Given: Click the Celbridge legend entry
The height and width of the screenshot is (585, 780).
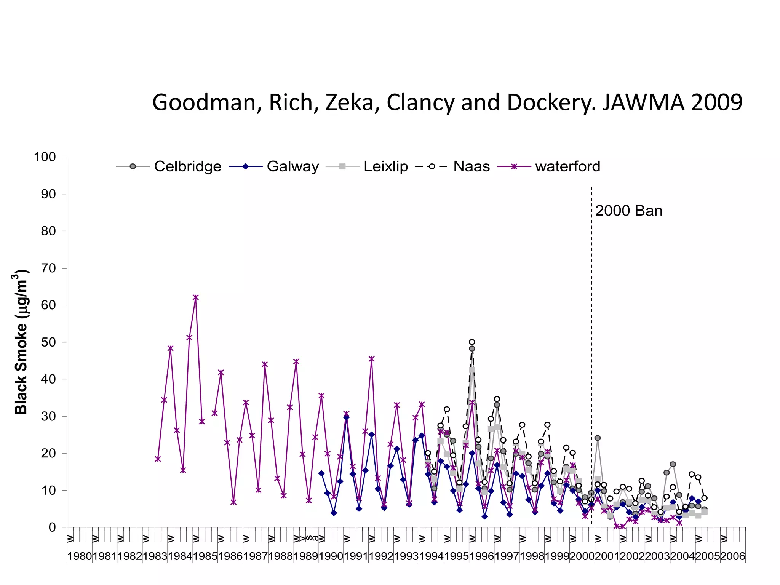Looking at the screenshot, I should point(169,166).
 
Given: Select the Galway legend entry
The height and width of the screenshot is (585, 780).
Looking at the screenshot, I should point(274,166).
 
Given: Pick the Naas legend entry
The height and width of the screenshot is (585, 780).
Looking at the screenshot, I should point(453,166).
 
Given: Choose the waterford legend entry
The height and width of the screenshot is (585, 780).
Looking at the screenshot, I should point(549,166).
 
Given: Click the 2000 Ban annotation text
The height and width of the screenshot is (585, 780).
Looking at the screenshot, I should point(628,211).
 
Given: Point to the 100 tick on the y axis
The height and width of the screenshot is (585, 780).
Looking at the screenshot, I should point(45,157).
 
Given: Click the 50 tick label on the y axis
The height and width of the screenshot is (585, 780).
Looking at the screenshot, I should point(48,342).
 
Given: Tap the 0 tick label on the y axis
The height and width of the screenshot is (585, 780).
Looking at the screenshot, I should point(52,527).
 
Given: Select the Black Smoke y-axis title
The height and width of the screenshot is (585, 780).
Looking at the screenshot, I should point(21,342).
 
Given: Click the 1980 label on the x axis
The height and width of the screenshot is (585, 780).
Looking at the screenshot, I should point(80,556).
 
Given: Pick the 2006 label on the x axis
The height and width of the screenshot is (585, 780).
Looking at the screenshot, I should point(732,556).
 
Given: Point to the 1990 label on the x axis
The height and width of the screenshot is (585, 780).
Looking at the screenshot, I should point(331,556).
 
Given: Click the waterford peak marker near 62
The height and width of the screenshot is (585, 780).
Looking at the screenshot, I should point(196,297).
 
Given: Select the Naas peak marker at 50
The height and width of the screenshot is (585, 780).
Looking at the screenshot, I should point(472,342).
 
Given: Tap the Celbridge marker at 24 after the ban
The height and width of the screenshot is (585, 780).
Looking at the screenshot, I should point(598,438).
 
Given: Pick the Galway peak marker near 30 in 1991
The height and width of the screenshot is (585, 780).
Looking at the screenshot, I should point(346,417).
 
